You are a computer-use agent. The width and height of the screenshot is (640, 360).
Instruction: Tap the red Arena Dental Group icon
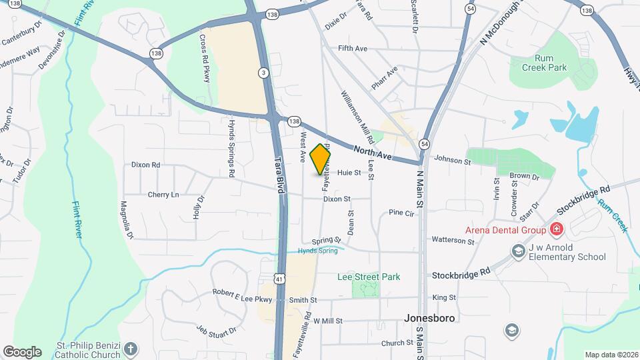click(x=557, y=230)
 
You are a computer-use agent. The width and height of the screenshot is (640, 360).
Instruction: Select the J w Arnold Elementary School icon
click(x=517, y=251)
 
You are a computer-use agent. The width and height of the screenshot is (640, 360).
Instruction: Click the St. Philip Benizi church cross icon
click(x=131, y=348)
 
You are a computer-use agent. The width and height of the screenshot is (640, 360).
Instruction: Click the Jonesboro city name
click(x=429, y=318)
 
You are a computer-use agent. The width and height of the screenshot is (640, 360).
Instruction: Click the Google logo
click(x=22, y=351)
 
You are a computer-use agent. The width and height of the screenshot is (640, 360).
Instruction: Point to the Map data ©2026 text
click(x=611, y=355)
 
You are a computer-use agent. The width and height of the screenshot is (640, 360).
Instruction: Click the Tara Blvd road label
click(x=280, y=175)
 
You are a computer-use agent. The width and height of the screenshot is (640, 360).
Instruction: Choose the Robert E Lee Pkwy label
click(x=243, y=292)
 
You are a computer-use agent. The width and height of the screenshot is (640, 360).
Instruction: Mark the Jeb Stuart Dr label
click(x=216, y=330)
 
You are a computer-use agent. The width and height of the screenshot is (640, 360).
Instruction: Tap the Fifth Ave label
click(x=353, y=49)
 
